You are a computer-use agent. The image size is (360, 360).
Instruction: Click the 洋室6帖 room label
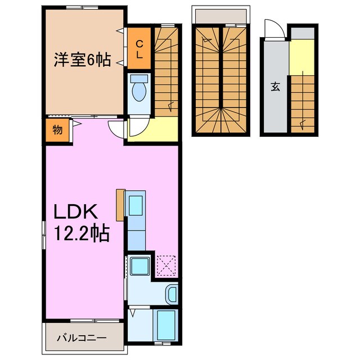82,59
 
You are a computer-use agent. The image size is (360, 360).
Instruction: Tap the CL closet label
138,49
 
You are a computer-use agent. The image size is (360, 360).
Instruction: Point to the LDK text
76,211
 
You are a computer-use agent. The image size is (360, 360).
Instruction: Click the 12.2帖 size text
80,232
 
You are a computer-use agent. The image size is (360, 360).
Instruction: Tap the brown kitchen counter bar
120,205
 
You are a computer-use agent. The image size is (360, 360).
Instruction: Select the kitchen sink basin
137,206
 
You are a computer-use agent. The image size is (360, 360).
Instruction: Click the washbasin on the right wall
172,294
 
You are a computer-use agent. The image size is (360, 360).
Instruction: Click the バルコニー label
81,338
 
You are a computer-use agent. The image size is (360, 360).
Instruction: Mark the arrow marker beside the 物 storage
74,125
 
